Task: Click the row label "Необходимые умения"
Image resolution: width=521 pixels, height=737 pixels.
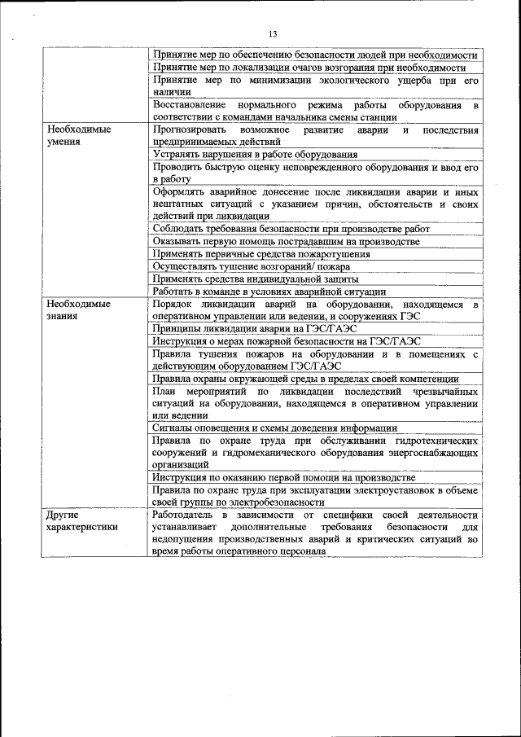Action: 78,135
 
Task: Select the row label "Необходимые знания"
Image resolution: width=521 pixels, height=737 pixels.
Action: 78,310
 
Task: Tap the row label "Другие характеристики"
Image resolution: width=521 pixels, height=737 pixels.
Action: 81,521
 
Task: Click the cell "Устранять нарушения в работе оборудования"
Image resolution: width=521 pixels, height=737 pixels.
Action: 255,154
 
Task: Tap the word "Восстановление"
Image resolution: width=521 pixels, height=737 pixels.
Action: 190,105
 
